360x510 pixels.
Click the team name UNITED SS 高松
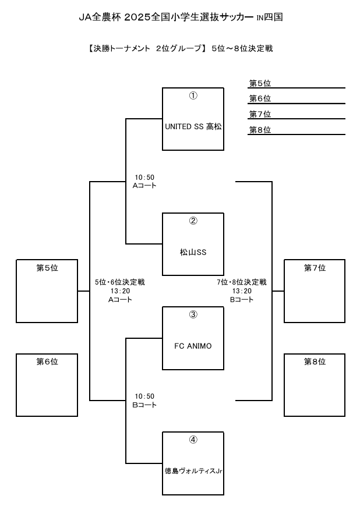[x=193, y=126]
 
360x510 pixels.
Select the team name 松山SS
[x=193, y=252]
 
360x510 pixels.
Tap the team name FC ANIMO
[x=193, y=346]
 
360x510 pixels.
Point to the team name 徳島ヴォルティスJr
[x=193, y=470]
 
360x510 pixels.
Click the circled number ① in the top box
[x=193, y=95]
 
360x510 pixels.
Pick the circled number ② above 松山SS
[x=193, y=221]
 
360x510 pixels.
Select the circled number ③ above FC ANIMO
[x=193, y=314]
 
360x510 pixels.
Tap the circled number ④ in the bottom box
[x=193, y=440]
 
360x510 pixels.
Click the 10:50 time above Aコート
[x=144, y=178]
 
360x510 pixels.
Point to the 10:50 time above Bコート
[x=144, y=396]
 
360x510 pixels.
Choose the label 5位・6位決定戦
[x=120, y=282]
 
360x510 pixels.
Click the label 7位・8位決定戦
[x=242, y=282]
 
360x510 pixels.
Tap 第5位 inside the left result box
[x=47, y=268]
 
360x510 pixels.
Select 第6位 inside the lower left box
[x=47, y=362]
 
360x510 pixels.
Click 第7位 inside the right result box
[x=315, y=268]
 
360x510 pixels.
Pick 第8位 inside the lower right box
[x=315, y=362]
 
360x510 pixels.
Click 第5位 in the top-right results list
[x=260, y=83]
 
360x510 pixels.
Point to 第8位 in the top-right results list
[x=260, y=130]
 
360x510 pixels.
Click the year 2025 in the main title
[x=137, y=17]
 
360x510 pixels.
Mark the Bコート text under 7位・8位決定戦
[x=242, y=300]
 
